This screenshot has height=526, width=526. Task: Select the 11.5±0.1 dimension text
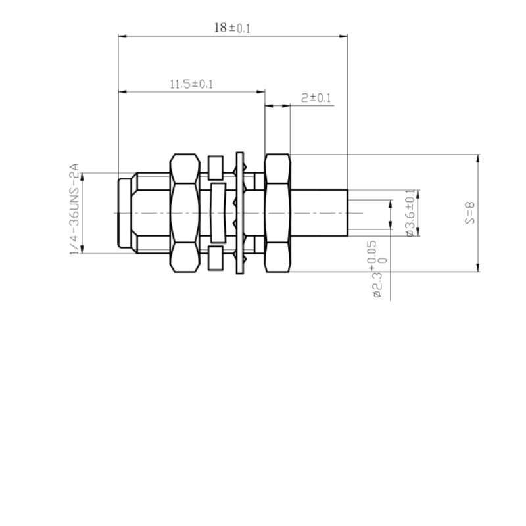(x=191, y=84)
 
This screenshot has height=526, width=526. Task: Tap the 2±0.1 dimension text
(x=316, y=98)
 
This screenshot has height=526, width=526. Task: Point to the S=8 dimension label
(x=469, y=213)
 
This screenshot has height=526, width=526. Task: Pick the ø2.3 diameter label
(x=377, y=287)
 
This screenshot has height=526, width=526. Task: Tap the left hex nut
(x=184, y=213)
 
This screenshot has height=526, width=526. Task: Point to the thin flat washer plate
(x=239, y=213)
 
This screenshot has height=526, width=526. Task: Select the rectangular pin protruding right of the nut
(x=318, y=212)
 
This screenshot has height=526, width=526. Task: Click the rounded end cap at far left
(x=124, y=212)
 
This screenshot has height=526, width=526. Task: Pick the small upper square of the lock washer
(x=216, y=167)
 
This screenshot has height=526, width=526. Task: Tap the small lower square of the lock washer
(x=216, y=258)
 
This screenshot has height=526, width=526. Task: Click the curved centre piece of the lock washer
(x=218, y=212)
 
